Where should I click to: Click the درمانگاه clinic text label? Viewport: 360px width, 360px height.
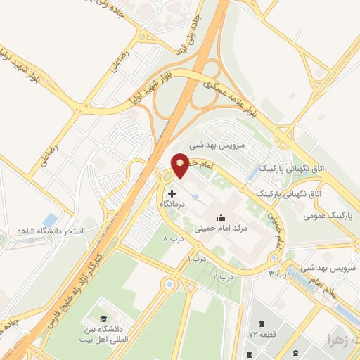coord(174,202)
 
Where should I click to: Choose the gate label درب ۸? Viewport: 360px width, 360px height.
coord(172,239)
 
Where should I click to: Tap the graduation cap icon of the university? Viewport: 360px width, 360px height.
coord(103,321)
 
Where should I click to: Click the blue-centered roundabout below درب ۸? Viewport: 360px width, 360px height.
coord(169,284)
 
